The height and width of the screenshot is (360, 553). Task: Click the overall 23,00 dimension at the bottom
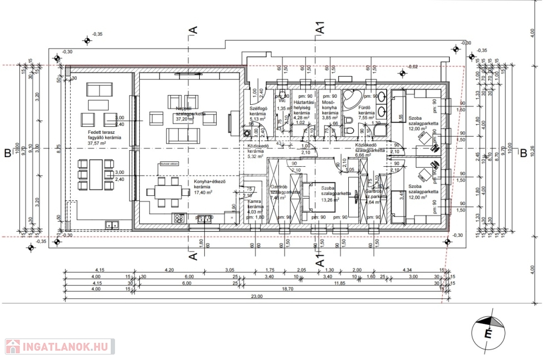coord(256,296)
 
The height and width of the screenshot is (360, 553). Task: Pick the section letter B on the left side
coord(8,153)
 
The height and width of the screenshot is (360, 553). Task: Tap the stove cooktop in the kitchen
coord(178,218)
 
